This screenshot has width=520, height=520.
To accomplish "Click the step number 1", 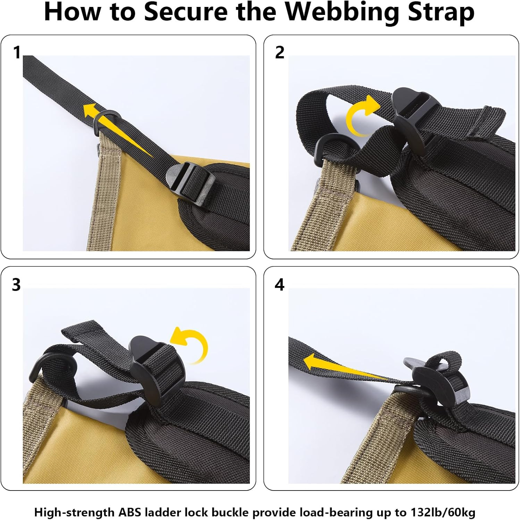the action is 17,53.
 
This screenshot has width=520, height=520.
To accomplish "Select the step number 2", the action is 279,52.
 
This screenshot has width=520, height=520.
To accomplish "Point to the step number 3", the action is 16,285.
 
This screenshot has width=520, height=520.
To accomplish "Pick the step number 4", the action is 279,285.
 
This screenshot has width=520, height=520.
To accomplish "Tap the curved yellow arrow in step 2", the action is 361,116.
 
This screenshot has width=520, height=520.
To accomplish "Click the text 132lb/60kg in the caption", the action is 443,512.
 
